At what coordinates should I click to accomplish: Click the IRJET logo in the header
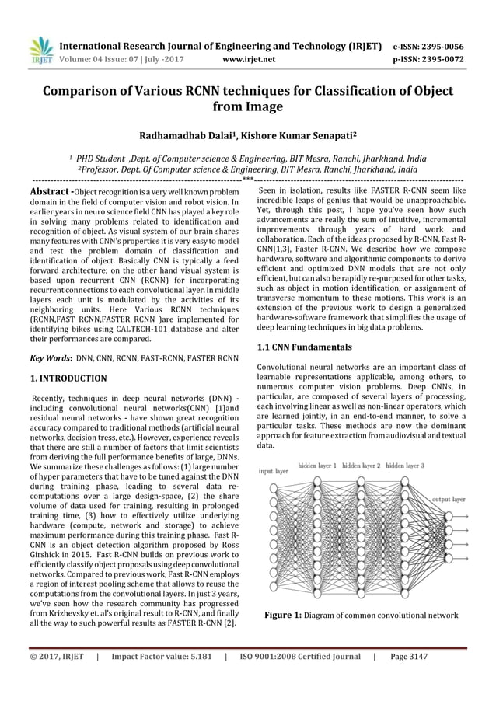point(39,50)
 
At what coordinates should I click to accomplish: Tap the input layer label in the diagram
point(273,471)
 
